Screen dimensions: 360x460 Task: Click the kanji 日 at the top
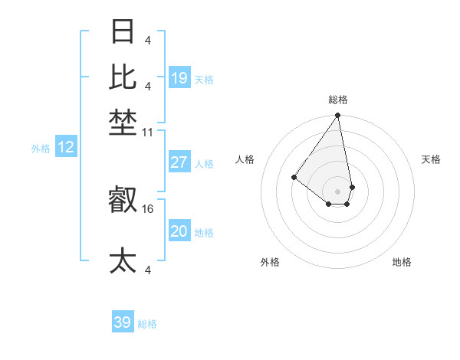point(123,33)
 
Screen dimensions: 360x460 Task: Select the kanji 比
point(123,77)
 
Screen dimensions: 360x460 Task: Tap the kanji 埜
point(123,122)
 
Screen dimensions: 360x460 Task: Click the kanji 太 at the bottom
point(123,260)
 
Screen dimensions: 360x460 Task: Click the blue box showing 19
point(179,78)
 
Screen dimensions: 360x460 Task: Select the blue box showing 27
point(179,162)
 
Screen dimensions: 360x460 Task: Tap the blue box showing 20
point(179,231)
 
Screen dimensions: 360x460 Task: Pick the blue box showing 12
point(66,147)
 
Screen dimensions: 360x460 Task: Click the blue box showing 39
point(123,322)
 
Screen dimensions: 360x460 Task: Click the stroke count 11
point(148,132)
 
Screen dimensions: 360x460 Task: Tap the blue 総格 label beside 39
point(147,324)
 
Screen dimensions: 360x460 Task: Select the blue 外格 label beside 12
point(41,149)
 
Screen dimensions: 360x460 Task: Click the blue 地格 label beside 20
point(205,233)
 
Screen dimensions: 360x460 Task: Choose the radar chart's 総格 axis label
point(338,100)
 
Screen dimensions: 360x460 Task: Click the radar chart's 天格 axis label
point(431,159)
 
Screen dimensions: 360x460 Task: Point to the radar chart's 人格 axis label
point(245,159)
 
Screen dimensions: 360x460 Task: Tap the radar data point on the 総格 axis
point(338,116)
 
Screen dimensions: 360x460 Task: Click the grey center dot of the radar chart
point(338,191)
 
